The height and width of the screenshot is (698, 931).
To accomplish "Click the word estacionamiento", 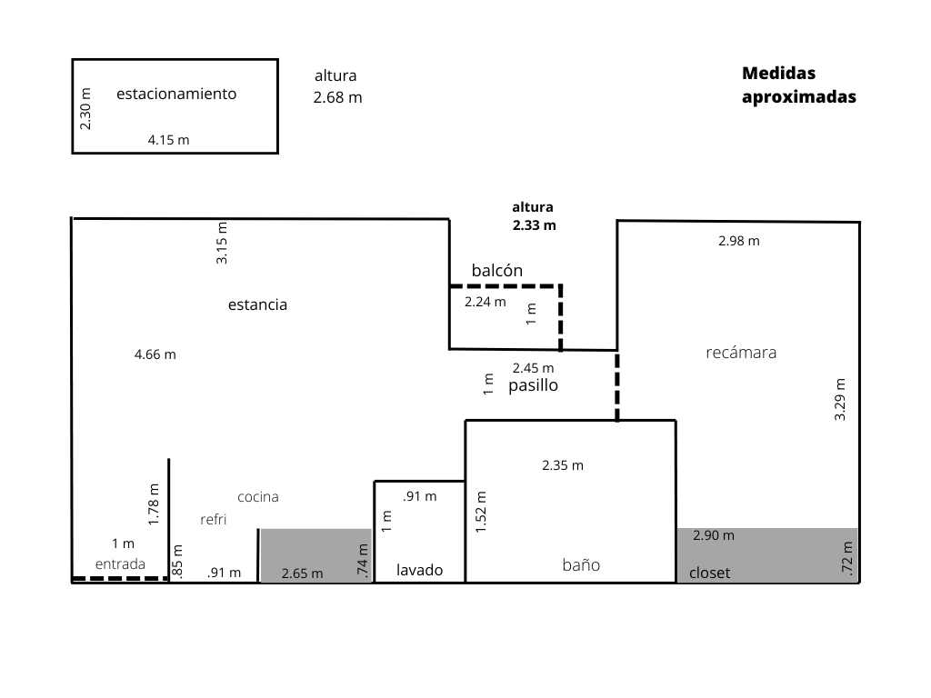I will (176, 94).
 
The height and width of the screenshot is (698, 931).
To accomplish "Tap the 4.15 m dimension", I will (169, 140).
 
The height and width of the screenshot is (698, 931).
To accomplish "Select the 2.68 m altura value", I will (337, 98).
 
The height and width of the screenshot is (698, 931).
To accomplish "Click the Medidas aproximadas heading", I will (798, 85).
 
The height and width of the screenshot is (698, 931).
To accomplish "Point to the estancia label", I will (257, 304).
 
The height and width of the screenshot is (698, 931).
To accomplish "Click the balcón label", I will (497, 271).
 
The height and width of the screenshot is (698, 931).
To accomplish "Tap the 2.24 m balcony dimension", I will (485, 302).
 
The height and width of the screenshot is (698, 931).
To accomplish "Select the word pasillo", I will (533, 385).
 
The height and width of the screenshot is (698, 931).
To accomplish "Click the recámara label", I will (741, 353).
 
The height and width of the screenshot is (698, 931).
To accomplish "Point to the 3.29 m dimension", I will (840, 399).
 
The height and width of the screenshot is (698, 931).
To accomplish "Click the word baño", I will (581, 564).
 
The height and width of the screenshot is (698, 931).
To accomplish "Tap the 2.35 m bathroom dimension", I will (563, 465).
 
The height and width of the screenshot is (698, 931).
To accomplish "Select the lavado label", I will (419, 571).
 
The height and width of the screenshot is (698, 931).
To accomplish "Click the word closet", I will (710, 573).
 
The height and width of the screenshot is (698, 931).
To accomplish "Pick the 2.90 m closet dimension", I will (714, 535).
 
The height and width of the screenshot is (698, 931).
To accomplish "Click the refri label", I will (213, 520).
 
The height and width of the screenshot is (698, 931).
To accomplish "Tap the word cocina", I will (258, 497).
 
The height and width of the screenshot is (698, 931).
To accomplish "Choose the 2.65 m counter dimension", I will (302, 573).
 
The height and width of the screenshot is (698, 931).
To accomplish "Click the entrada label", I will (120, 563).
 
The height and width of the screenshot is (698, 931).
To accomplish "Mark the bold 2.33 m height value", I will (533, 224).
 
